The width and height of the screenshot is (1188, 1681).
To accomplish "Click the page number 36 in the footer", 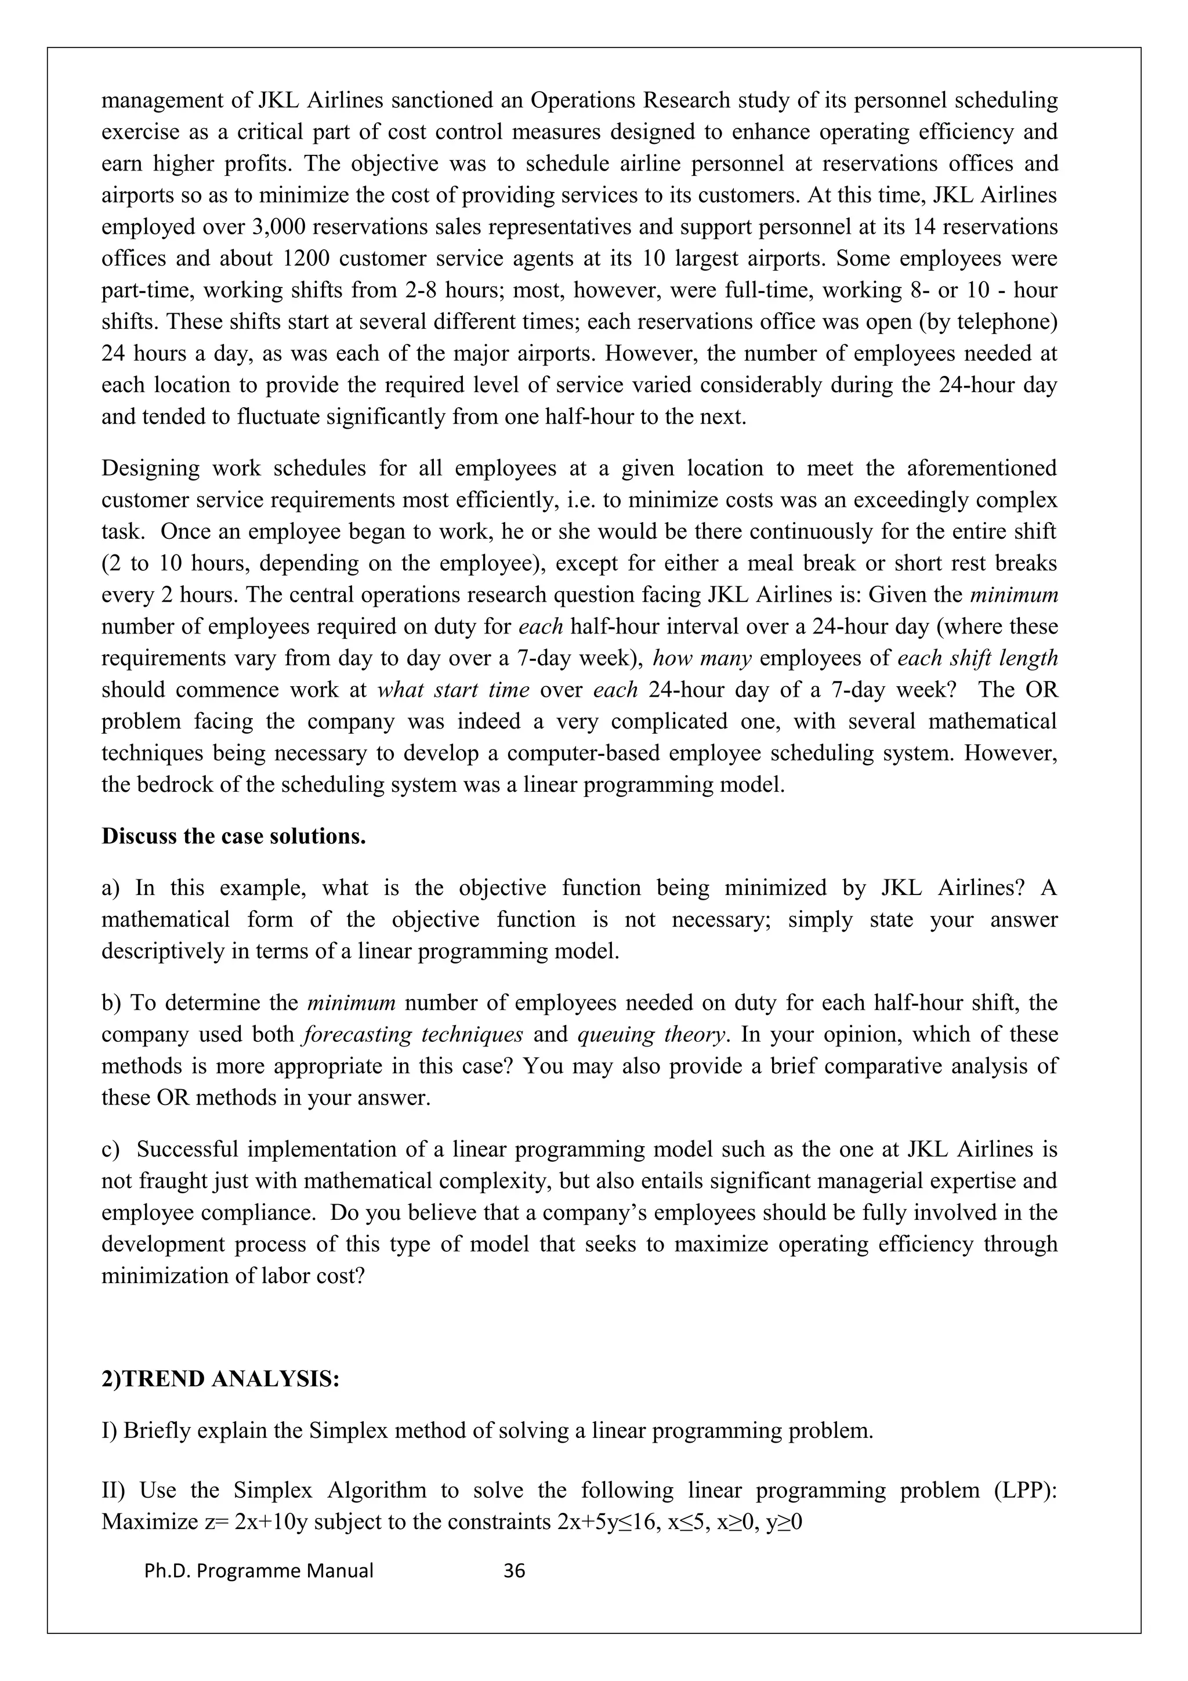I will tap(515, 1570).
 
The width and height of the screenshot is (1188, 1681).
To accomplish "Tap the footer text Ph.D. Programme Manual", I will tap(259, 1570).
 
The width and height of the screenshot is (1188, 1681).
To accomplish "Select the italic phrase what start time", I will tap(453, 690).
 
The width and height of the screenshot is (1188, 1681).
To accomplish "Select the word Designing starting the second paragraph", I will tap(150, 468).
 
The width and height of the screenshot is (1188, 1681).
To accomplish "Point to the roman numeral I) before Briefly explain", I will tap(109, 1430).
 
